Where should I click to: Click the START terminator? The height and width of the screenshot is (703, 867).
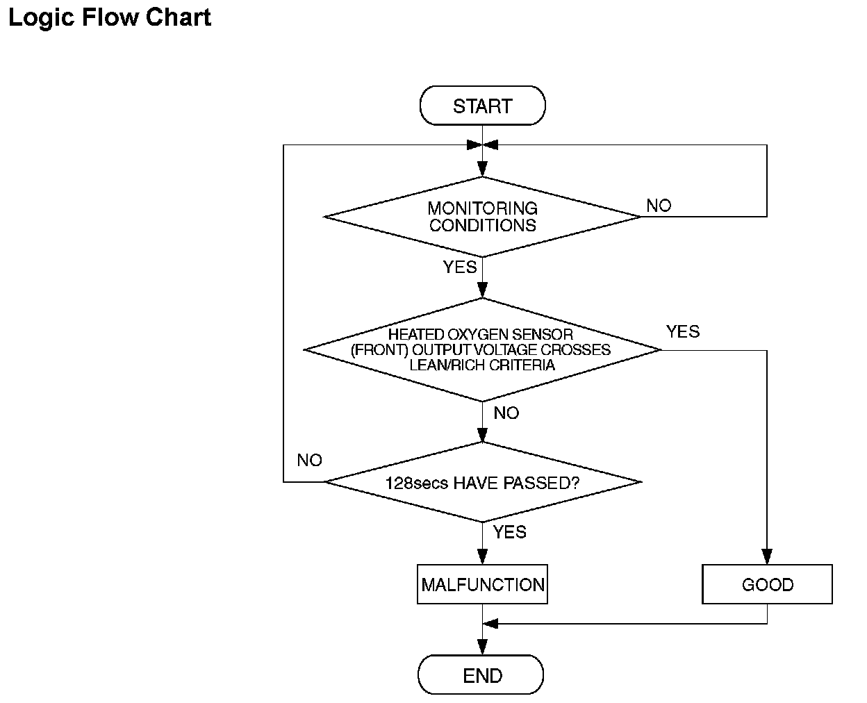tap(482, 106)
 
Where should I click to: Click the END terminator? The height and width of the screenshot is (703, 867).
tap(481, 675)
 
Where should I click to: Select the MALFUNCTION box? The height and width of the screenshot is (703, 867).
tap(482, 584)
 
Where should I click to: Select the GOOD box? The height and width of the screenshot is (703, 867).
tap(767, 584)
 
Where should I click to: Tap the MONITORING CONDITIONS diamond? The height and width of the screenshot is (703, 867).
tap(482, 217)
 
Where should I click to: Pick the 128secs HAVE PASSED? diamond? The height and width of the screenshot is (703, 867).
tap(483, 482)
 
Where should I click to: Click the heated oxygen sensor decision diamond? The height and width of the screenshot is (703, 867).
tap(482, 349)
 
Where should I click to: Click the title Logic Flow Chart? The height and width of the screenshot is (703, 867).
tap(110, 18)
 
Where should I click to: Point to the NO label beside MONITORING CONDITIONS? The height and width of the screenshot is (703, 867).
tap(659, 206)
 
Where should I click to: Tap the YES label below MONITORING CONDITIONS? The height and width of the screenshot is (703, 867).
tap(459, 267)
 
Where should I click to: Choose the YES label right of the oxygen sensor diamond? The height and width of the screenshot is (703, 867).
tap(683, 331)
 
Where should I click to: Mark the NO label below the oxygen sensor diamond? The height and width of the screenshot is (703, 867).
tap(506, 413)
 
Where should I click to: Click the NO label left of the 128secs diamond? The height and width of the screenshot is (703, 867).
tap(309, 461)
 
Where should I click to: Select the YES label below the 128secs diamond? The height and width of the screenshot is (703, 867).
tap(510, 532)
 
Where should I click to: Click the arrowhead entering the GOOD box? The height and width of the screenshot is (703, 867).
tap(767, 556)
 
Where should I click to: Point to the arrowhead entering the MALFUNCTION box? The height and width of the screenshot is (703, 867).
tap(482, 556)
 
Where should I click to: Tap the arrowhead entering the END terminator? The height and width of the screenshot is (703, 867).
tap(482, 647)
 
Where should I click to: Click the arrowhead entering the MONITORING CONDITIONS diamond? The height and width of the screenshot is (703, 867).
tap(482, 169)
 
